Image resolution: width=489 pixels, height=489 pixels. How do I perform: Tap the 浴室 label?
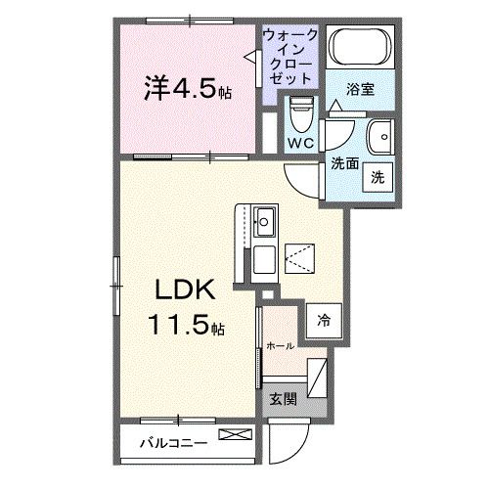click(359, 90)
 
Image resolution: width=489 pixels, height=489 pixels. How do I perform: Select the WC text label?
click(299, 144)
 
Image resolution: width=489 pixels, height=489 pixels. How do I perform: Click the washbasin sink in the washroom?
click(379, 134)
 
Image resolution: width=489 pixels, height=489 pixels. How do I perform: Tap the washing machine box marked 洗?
click(377, 178)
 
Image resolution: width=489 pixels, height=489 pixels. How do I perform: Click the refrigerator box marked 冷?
click(322, 320)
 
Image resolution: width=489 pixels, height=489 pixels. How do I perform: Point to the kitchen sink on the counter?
click(265, 223)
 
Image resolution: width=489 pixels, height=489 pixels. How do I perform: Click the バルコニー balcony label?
click(173, 441)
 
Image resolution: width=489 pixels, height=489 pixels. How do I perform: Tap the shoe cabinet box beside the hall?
click(318, 376)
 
